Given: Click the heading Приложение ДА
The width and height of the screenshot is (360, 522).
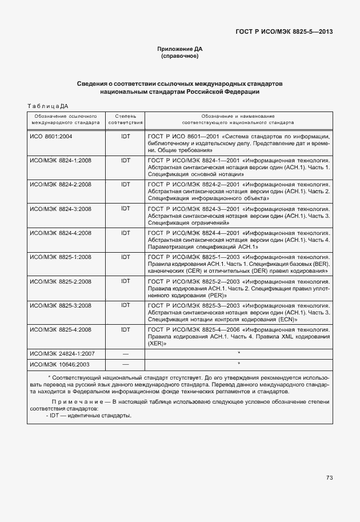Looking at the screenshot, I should click(180, 50).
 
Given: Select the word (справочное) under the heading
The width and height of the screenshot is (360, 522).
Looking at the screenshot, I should click(180, 57).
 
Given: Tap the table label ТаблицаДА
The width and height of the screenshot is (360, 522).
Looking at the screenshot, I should click(48, 106).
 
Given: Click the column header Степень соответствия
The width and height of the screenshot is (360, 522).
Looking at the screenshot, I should click(125, 119).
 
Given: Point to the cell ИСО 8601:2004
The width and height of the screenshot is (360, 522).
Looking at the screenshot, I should click(51, 137).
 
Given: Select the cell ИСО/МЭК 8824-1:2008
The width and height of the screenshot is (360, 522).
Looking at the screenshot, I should click(60, 161).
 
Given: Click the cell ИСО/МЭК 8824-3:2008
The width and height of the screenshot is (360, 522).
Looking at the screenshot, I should click(60, 209).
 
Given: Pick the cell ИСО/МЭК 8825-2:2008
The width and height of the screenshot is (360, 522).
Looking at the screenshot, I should click(60, 281).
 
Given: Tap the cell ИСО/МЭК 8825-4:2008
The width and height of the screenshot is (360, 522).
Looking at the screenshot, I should click(60, 330).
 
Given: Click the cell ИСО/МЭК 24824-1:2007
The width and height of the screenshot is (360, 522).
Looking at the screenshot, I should click(62, 354).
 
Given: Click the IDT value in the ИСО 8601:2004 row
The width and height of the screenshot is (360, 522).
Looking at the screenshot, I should click(126, 137).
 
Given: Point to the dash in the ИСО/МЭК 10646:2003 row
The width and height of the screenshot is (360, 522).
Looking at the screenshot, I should click(126, 364).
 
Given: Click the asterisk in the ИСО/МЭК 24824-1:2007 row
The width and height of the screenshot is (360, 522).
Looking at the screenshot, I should click(238, 354).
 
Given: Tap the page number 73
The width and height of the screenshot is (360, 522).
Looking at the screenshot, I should click(329, 477).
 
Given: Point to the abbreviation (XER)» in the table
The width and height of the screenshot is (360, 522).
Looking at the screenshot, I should click(157, 344).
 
